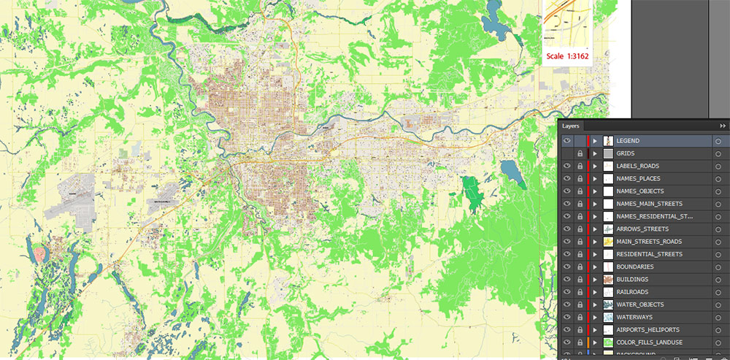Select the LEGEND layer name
pyautogui.click(x=628, y=141)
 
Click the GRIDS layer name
pyautogui.click(x=626, y=153)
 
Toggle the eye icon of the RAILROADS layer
pyautogui.click(x=566, y=292)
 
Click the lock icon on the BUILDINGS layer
pyautogui.click(x=580, y=280)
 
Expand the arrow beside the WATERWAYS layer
pyautogui.click(x=595, y=317)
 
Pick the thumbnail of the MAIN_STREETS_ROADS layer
pyautogui.click(x=607, y=242)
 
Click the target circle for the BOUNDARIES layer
pyautogui.click(x=718, y=267)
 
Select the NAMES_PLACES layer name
pyautogui.click(x=639, y=179)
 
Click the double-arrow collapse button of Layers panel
pyautogui.click(x=723, y=126)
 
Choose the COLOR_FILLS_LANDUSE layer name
pyautogui.click(x=650, y=342)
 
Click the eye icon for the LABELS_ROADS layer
pyautogui.click(x=566, y=166)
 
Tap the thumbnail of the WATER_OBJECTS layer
pyautogui.click(x=607, y=305)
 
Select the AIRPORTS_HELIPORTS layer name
pyautogui.click(x=648, y=330)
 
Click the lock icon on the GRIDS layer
pyautogui.click(x=580, y=154)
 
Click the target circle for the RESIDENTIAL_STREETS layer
pyautogui.click(x=718, y=254)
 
